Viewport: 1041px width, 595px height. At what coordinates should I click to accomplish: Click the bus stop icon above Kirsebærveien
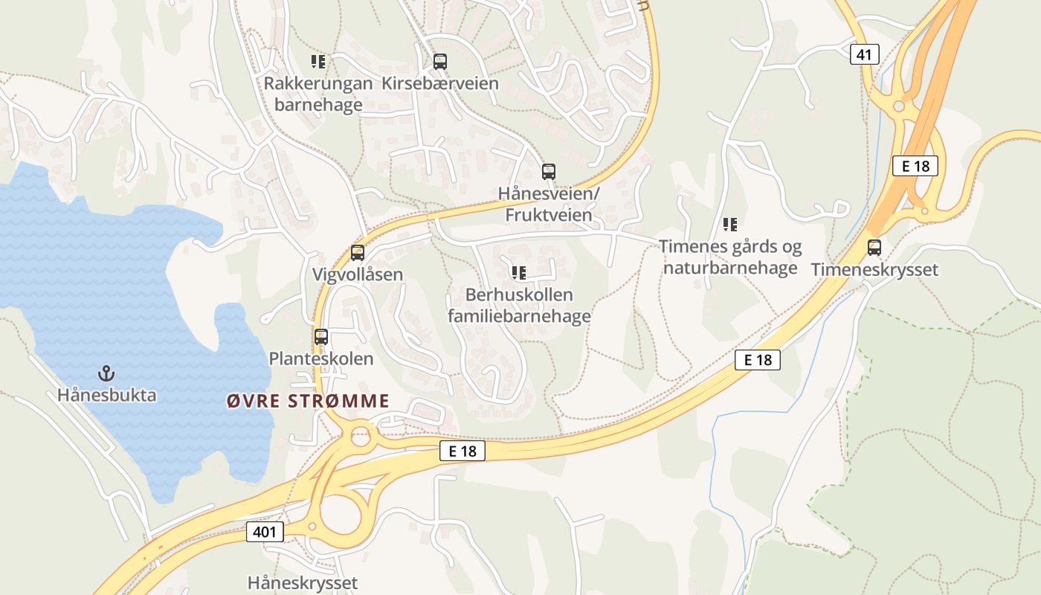click(x=439, y=62)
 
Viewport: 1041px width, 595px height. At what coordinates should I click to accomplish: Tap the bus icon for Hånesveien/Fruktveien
click(x=548, y=172)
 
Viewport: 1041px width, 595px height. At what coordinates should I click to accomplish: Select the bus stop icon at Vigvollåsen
click(x=358, y=253)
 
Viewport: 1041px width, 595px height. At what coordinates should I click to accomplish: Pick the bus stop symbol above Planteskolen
click(x=321, y=337)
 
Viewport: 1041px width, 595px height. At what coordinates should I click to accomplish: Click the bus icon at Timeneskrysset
click(x=874, y=248)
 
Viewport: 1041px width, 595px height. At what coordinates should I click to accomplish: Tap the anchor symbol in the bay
click(x=106, y=372)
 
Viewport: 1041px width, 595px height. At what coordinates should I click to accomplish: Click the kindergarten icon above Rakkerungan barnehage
click(x=318, y=61)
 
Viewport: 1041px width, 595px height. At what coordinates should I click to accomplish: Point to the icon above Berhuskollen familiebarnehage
click(x=519, y=273)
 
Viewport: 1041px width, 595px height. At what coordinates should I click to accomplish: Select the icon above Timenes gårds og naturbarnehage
click(x=730, y=224)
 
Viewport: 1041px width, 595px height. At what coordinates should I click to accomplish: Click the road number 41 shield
click(x=865, y=54)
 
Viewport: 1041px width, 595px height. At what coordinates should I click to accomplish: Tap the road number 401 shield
click(x=265, y=532)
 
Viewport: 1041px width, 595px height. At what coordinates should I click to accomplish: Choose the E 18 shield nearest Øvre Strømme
click(x=462, y=451)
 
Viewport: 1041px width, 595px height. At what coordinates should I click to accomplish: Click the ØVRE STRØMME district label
click(x=308, y=402)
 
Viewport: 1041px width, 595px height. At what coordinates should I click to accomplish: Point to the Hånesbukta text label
click(x=107, y=395)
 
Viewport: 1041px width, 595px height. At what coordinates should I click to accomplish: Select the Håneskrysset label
click(x=303, y=582)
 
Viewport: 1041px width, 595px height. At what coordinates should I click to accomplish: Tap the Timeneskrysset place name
click(x=874, y=269)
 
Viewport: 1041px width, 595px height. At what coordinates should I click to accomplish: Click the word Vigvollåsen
click(x=358, y=274)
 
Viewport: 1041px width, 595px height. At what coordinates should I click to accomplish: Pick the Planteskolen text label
click(x=321, y=358)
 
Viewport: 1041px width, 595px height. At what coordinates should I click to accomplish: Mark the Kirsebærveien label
click(x=439, y=83)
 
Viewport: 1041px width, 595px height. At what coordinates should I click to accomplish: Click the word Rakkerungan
click(x=318, y=83)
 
